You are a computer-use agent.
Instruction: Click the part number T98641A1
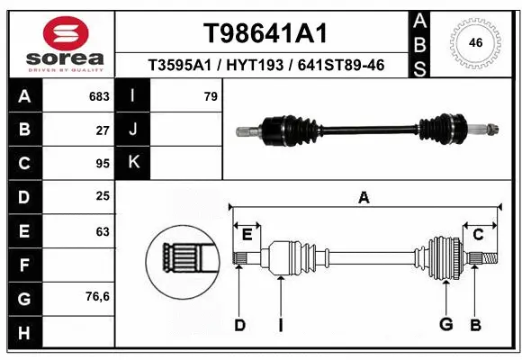(x=264, y=33)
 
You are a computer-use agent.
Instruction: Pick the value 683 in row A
(x=99, y=96)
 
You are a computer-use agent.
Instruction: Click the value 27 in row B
(x=103, y=130)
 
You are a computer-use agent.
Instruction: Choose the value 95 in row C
(x=103, y=164)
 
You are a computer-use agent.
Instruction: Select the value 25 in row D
(x=103, y=197)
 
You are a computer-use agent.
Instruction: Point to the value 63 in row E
(x=103, y=231)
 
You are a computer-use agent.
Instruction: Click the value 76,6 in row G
(x=97, y=296)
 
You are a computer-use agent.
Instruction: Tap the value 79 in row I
(x=211, y=96)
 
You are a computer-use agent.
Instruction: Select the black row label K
(x=134, y=163)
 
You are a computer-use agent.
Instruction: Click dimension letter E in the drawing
(x=247, y=235)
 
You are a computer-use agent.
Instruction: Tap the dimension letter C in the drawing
(x=478, y=235)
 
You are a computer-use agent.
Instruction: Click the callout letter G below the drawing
(x=445, y=325)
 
